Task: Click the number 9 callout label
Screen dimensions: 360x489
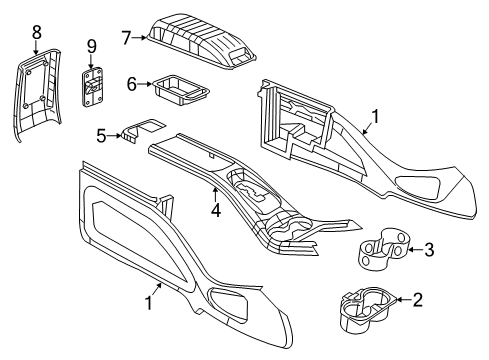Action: pos(91,46)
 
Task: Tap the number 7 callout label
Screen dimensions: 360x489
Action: pos(126,39)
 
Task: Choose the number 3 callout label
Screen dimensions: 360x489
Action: pos(428,250)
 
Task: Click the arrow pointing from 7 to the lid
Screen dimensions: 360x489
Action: pos(141,39)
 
